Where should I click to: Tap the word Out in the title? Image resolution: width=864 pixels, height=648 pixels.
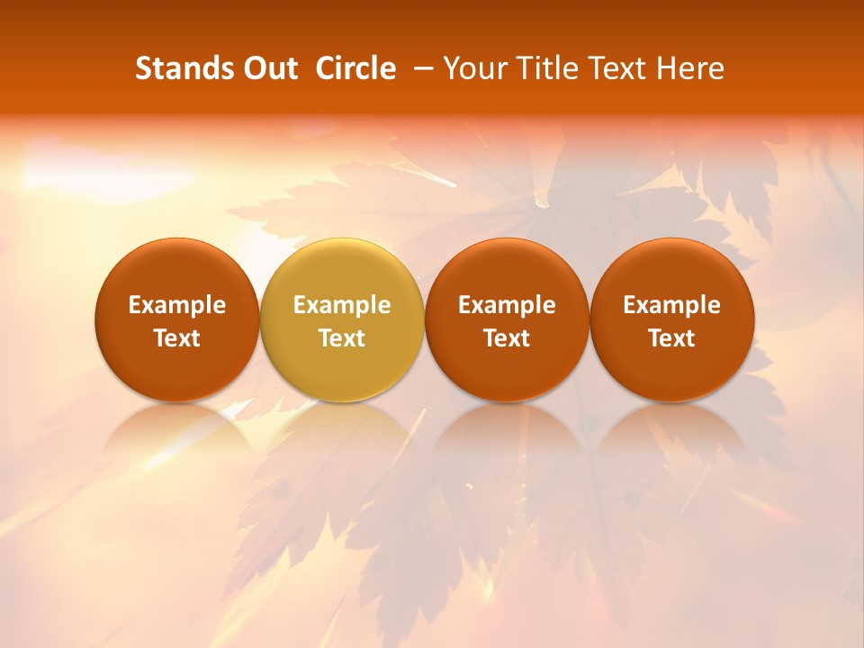268,68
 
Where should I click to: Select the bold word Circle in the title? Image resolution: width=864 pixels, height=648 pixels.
355,68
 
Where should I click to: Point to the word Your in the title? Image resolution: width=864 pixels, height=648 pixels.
472,68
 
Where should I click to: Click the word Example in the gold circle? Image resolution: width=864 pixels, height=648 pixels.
342,305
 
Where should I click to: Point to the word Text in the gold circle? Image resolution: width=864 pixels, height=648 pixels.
342,338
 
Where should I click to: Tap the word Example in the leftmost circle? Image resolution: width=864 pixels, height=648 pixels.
177,305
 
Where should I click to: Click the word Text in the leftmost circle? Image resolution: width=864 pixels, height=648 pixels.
177,338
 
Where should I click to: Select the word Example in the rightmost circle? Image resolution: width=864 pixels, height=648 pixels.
672,305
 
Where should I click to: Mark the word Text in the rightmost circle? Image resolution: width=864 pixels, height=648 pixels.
672,338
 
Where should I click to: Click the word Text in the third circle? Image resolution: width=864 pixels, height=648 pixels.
507,338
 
